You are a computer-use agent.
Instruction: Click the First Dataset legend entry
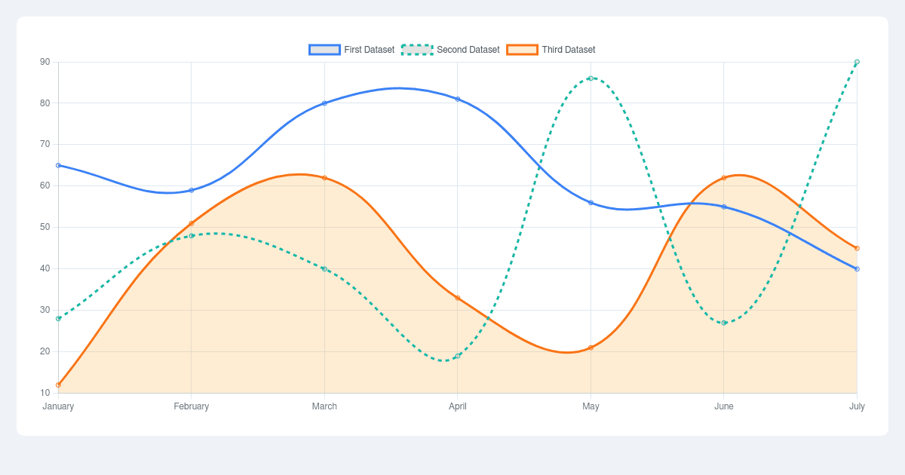pyautogui.click(x=352, y=50)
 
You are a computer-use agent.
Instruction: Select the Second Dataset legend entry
pyautogui.click(x=451, y=50)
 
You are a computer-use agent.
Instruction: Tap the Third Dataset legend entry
pyautogui.click(x=551, y=50)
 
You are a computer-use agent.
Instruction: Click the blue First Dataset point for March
pyautogui.click(x=324, y=103)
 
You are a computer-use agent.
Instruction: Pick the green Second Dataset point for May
pyautogui.click(x=591, y=78)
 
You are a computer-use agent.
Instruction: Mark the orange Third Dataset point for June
pyautogui.click(x=724, y=178)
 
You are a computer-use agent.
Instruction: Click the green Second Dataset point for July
pyautogui.click(x=857, y=62)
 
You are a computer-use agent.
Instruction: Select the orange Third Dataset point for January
pyautogui.click(x=58, y=385)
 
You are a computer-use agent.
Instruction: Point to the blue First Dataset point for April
pyautogui.click(x=458, y=99)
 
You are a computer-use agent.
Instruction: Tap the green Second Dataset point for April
pyautogui.click(x=458, y=356)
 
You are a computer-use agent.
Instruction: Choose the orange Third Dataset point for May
pyautogui.click(x=591, y=348)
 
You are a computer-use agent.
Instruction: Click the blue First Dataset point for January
pyautogui.click(x=58, y=165)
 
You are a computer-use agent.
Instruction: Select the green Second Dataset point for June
pyautogui.click(x=724, y=323)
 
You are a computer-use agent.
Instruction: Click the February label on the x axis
pyautogui.click(x=192, y=406)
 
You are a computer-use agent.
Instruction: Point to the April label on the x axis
pyautogui.click(x=458, y=406)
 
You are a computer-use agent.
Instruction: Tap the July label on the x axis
pyautogui.click(x=857, y=406)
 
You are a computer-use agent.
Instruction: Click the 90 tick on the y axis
pyautogui.click(x=45, y=62)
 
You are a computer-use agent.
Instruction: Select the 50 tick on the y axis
pyautogui.click(x=45, y=227)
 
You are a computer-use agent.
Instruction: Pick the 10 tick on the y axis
pyautogui.click(x=45, y=393)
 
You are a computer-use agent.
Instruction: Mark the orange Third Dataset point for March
pyautogui.click(x=324, y=178)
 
